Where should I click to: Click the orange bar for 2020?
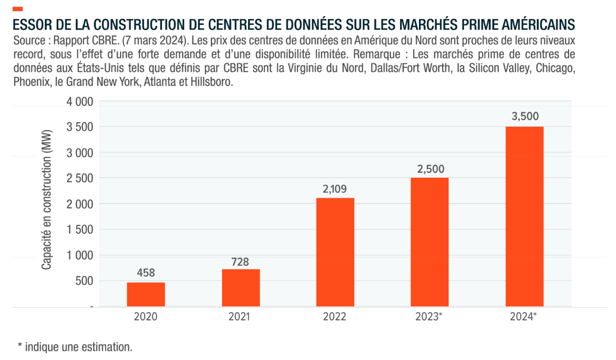[x=145, y=294]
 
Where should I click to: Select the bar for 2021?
[x=240, y=288]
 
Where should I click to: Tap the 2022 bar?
[x=335, y=252]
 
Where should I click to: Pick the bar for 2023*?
[x=430, y=242]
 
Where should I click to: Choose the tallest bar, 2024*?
[x=524, y=216]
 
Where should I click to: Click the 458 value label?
[x=145, y=273]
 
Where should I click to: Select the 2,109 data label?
[x=335, y=189]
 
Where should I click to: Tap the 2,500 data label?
[x=430, y=169]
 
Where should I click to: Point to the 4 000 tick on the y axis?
[x=79, y=101]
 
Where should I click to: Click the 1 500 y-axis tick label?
[x=79, y=230]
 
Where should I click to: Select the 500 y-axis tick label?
[x=84, y=281]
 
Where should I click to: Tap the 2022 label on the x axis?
[x=335, y=317]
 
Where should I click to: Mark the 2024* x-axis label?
[x=524, y=317]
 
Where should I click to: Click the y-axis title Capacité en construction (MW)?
[x=47, y=202]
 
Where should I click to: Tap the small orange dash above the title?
[x=17, y=9]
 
